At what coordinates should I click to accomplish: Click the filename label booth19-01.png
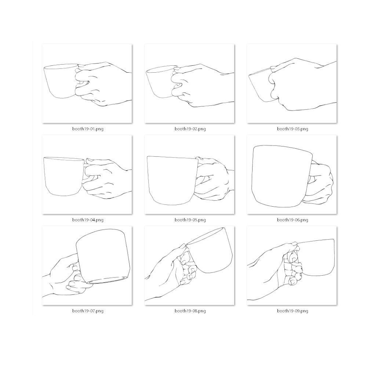pyautogui.click(x=87, y=129)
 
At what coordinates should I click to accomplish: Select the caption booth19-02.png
pyautogui.click(x=190, y=129)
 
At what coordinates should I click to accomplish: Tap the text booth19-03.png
pyautogui.click(x=292, y=129)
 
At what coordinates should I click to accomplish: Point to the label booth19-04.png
pyautogui.click(x=87, y=220)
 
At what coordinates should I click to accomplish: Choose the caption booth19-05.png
pyautogui.click(x=190, y=220)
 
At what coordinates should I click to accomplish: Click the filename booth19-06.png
pyautogui.click(x=292, y=220)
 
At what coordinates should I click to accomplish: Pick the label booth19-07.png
pyautogui.click(x=87, y=311)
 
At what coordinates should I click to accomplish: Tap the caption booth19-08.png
pyautogui.click(x=190, y=311)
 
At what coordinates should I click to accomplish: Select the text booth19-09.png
pyautogui.click(x=292, y=311)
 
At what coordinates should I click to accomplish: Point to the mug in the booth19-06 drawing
pyautogui.click(x=281, y=176)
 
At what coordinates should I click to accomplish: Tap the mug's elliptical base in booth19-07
pyautogui.click(x=108, y=280)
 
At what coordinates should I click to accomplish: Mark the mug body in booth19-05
pyautogui.click(x=171, y=180)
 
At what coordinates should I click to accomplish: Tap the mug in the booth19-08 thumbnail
pyautogui.click(x=215, y=251)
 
